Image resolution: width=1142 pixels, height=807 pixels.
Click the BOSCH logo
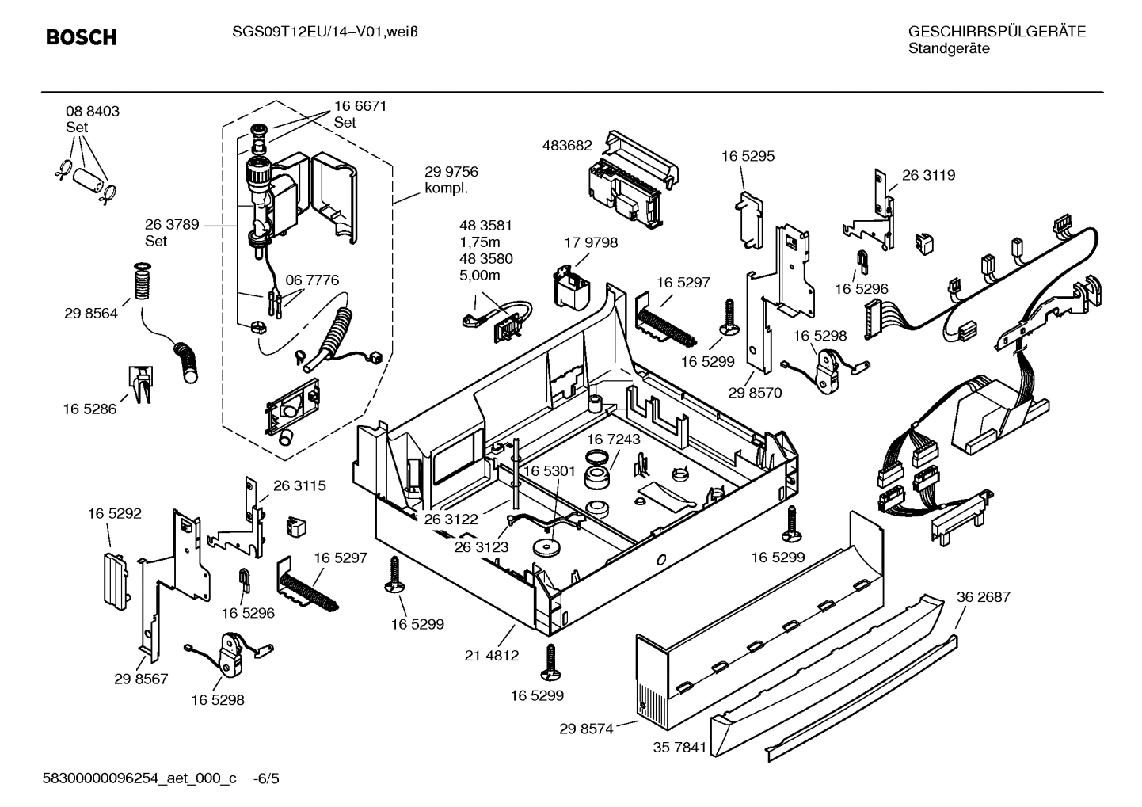coord(81,37)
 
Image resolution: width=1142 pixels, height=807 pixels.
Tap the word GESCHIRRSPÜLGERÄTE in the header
coord(996,32)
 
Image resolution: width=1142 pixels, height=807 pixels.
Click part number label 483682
coord(567,145)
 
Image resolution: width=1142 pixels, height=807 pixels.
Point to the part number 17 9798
coord(591,242)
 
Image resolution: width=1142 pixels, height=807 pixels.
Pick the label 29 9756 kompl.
coord(451,180)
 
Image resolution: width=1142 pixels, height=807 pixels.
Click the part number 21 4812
coord(492,655)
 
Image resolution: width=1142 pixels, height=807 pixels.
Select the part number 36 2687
coord(983,597)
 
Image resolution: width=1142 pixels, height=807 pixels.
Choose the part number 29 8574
coord(586,729)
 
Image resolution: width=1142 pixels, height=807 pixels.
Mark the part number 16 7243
coord(614,438)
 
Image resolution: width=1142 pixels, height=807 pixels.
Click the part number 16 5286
coord(89,409)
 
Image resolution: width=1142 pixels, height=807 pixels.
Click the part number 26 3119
coord(928,175)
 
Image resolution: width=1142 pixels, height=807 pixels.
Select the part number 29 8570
coord(755,393)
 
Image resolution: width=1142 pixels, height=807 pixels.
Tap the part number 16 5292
coord(115,513)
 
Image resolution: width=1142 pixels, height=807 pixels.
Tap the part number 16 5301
coord(549,471)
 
